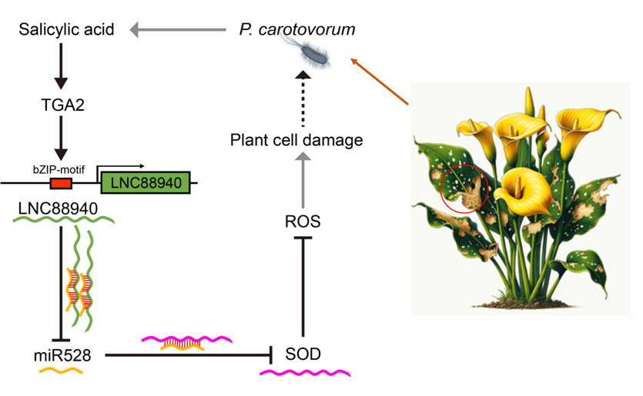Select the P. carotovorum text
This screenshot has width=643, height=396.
[296, 30]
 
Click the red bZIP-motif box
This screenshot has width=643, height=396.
[61, 183]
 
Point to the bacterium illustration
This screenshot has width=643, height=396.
[308, 54]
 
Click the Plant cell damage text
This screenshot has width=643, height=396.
[296, 140]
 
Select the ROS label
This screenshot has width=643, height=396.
[302, 221]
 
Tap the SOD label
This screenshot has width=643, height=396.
[302, 354]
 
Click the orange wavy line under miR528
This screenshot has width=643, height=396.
[62, 372]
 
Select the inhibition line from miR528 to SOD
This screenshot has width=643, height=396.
[189, 354]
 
